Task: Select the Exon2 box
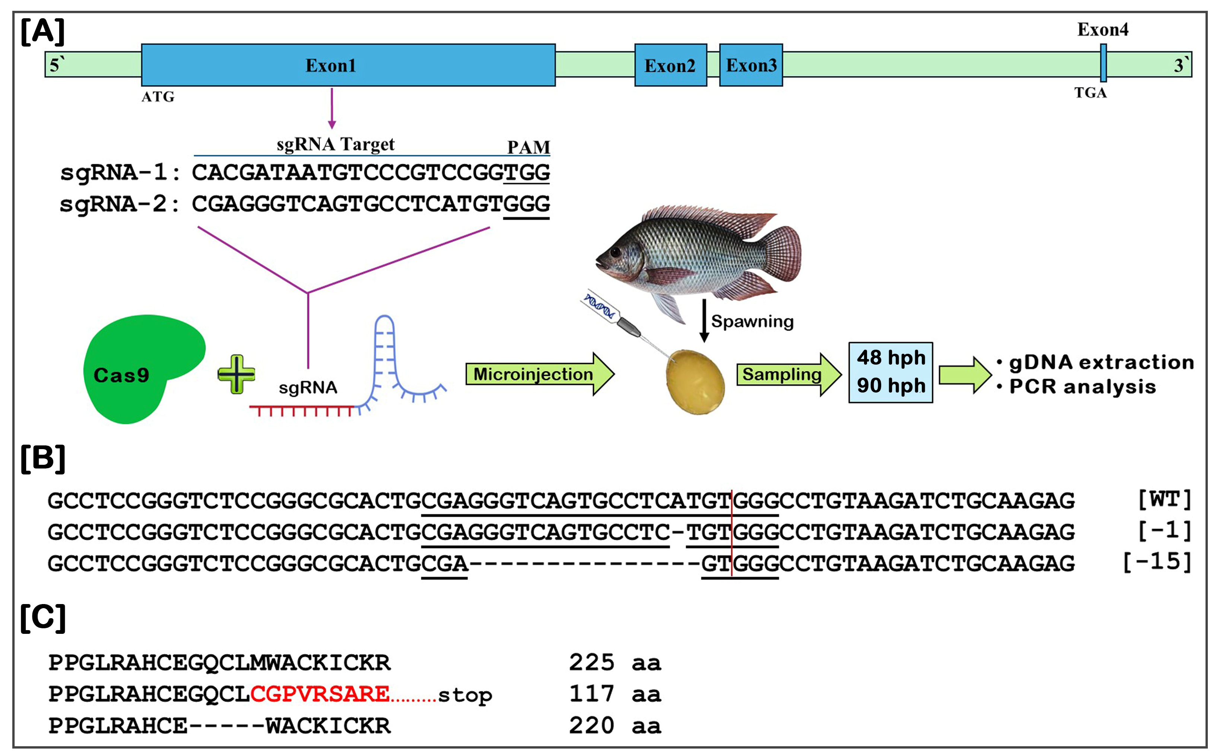tap(670, 65)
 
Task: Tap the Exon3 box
tap(751, 65)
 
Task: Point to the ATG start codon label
tap(158, 96)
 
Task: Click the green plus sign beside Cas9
tap(237, 374)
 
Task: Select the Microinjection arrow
tap(540, 374)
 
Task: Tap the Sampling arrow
tap(789, 374)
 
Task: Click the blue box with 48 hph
tap(891, 372)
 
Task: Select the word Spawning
tap(752, 321)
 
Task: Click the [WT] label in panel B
tap(1165, 499)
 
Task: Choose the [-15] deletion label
tap(1158, 562)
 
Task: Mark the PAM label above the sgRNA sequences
tap(528, 147)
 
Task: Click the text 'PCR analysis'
tap(1082, 387)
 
